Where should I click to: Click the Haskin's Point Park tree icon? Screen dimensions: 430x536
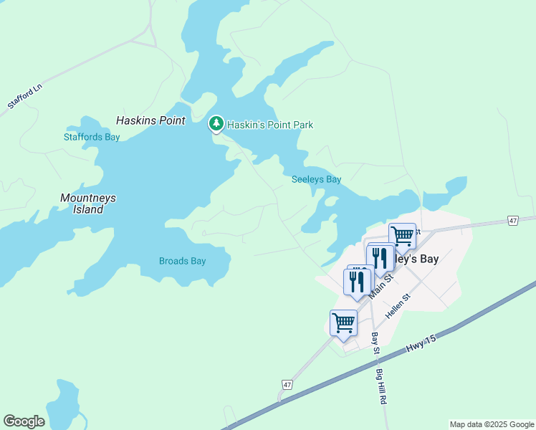pyautogui.click(x=216, y=124)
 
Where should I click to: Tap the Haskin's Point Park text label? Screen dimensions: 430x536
pyautogui.click(x=270, y=125)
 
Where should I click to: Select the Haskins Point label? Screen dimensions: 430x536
pyautogui.click(x=150, y=120)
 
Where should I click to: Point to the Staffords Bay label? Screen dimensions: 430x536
pyautogui.click(x=92, y=137)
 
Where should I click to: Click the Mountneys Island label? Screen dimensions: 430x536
pyautogui.click(x=88, y=204)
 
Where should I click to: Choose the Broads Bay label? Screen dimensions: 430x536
pyautogui.click(x=182, y=261)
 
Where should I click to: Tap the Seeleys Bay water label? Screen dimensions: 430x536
pyautogui.click(x=316, y=179)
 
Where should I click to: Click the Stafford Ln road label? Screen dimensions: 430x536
pyautogui.click(x=25, y=96)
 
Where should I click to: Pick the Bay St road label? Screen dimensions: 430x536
pyautogui.click(x=374, y=342)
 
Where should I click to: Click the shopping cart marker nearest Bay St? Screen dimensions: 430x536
pyautogui.click(x=344, y=322)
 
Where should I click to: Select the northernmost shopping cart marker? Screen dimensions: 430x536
pyautogui.click(x=403, y=235)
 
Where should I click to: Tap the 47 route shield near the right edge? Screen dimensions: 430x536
pyautogui.click(x=512, y=221)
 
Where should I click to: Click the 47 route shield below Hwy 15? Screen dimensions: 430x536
pyautogui.click(x=287, y=385)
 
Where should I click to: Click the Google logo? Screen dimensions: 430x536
pyautogui.click(x=24, y=421)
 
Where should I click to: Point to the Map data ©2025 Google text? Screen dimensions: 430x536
pyautogui.click(x=492, y=424)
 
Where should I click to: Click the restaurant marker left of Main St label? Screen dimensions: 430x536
pyautogui.click(x=356, y=280)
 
